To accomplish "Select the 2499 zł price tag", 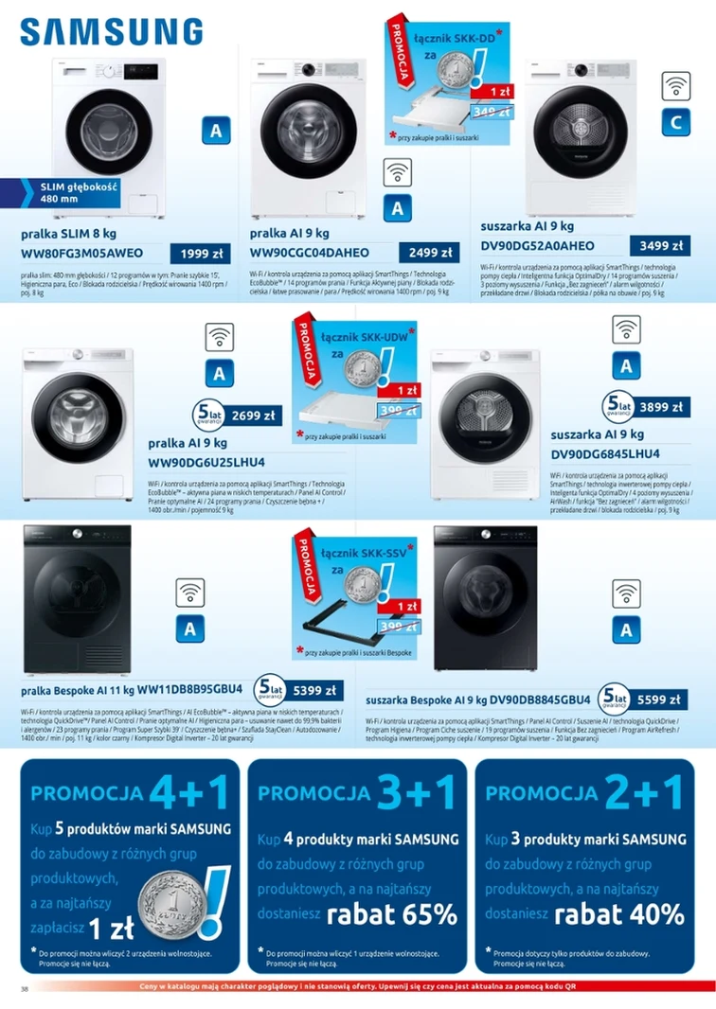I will pyautogui.click(x=431, y=253).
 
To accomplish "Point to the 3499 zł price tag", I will pyautogui.click(x=660, y=246).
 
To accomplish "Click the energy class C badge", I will pyautogui.click(x=673, y=123).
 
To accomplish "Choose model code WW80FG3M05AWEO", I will pyautogui.click(x=81, y=254).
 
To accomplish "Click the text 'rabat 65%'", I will pyautogui.click(x=391, y=913).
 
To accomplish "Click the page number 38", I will pyautogui.click(x=26, y=989).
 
